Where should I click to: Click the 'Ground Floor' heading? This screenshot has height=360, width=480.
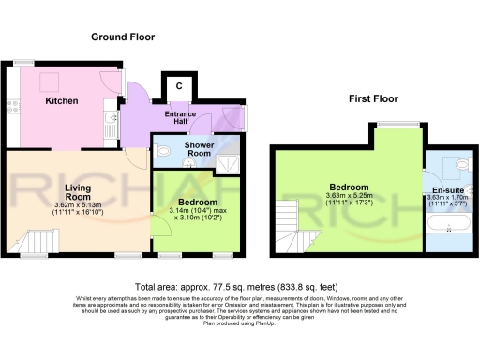click(123, 37)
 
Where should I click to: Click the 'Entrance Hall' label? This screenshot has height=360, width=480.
click(186, 119)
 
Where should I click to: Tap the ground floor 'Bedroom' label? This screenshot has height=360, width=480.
click(198, 202)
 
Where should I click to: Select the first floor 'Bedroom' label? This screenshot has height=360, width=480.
click(348, 186)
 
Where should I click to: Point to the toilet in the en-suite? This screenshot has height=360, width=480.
click(458, 165)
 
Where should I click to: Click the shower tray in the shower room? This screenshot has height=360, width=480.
click(228, 166)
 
